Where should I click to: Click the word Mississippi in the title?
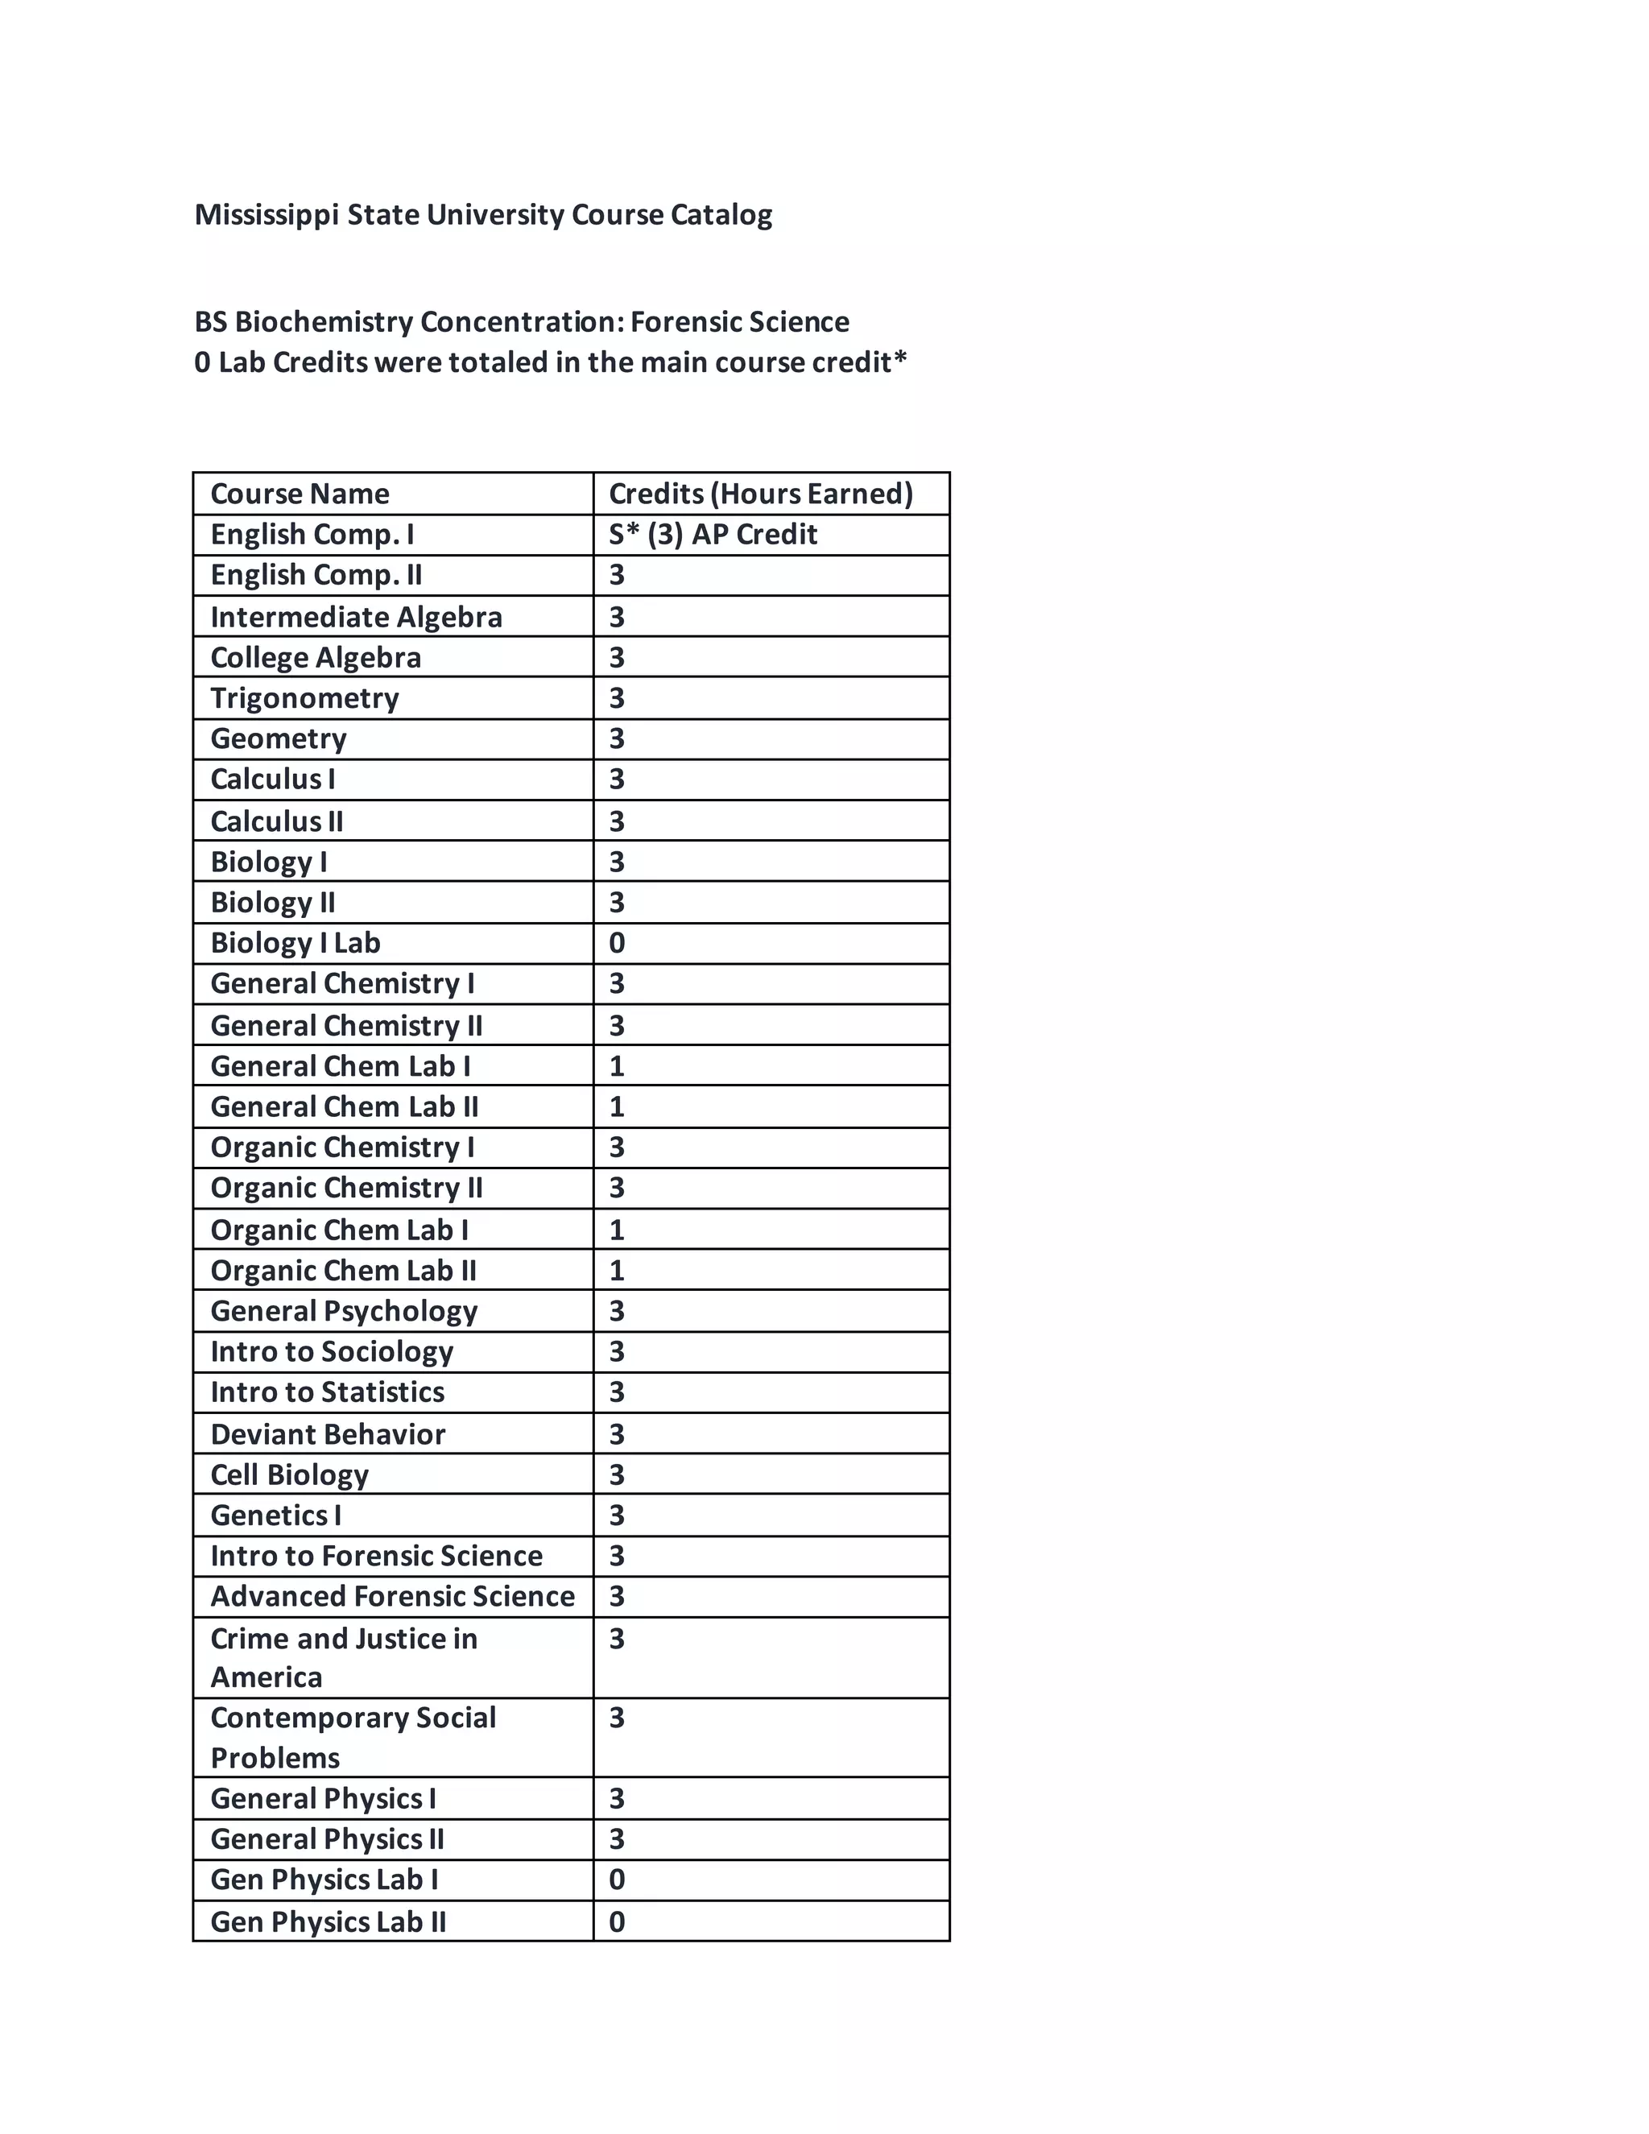pos(266,215)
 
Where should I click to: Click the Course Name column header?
pos(300,494)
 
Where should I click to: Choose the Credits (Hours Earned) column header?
pos(760,494)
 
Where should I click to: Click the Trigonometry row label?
pos(305,699)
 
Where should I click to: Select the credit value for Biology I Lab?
pos(617,943)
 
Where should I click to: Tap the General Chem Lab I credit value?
pos(617,1066)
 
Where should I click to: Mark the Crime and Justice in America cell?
pos(344,1657)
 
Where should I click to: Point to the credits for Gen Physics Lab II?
pos(617,1922)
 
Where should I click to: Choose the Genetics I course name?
pos(275,1515)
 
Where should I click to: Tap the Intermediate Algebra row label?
pos(357,617)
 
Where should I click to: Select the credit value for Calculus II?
pos(617,821)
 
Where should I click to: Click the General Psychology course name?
pos(344,1310)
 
